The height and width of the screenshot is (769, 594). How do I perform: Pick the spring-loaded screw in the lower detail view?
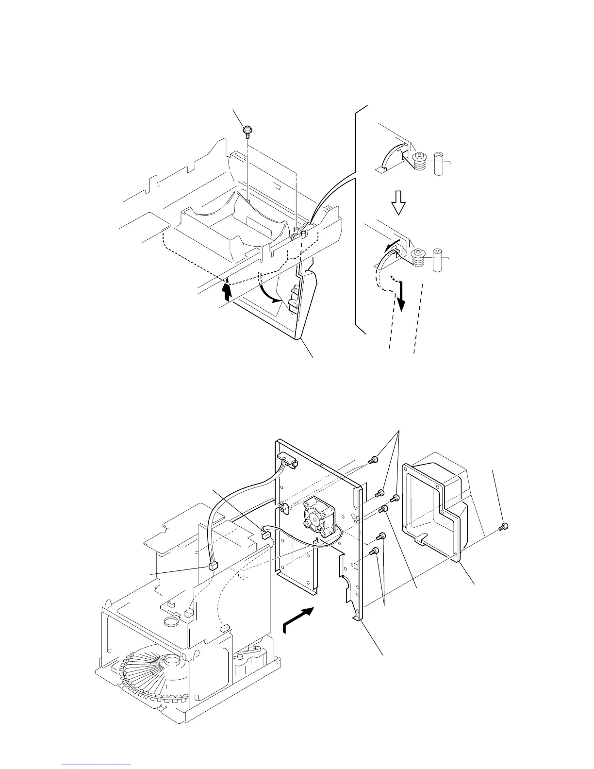[418, 257]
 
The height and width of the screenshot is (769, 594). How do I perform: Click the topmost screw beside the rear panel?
[374, 459]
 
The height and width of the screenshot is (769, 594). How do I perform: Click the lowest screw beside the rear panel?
[374, 552]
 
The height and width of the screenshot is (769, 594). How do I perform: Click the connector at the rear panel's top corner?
[287, 459]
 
